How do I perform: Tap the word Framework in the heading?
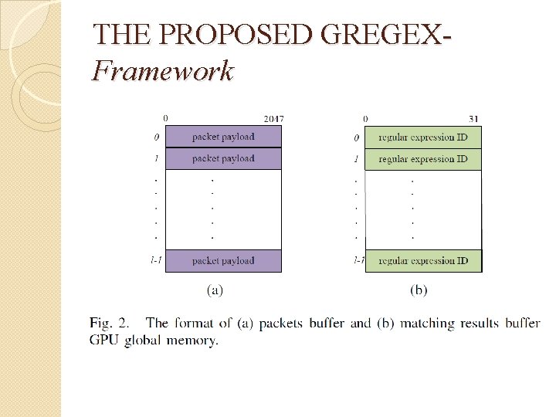click(162, 71)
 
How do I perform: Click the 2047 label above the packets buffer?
click(273, 118)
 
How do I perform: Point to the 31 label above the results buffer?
click(473, 118)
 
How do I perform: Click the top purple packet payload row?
click(223, 137)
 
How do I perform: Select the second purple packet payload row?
click(223, 158)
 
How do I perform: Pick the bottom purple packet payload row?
click(223, 260)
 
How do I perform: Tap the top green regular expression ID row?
click(422, 137)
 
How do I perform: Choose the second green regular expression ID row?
click(422, 159)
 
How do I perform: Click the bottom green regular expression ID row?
click(422, 260)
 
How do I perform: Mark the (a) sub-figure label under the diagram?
click(215, 291)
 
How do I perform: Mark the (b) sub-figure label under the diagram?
click(419, 291)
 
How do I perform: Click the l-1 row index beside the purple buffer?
click(156, 260)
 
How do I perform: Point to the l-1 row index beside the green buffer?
click(358, 260)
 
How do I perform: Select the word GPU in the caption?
click(103, 340)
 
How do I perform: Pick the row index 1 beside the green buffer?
click(356, 159)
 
